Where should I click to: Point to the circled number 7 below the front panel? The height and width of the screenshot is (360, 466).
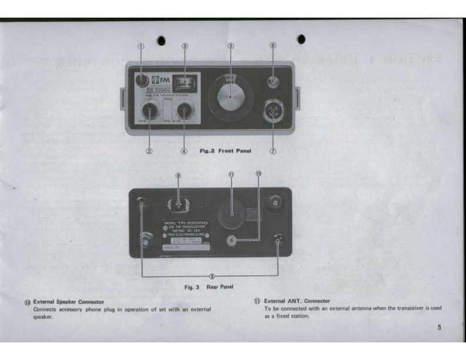(x=273, y=150)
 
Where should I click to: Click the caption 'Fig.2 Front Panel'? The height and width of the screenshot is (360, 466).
(x=226, y=151)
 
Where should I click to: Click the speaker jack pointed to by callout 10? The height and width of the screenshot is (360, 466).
(x=233, y=240)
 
